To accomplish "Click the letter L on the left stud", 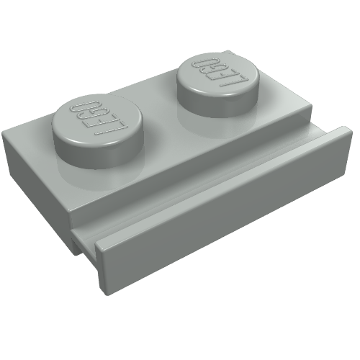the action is tap(110, 128).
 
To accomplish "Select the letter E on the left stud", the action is tap(102, 121).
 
